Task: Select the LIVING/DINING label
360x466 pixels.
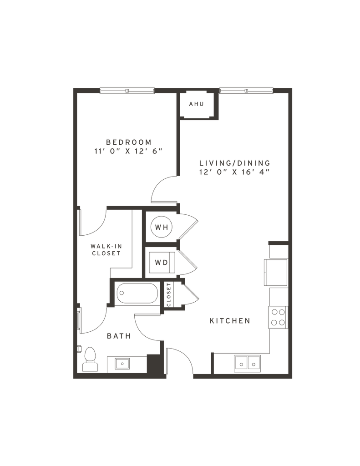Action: point(235,162)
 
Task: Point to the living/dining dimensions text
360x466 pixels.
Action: point(234,172)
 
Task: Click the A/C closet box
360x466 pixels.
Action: point(196,104)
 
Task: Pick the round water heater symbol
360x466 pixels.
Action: point(161,226)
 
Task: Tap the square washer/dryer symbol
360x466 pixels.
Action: point(160,262)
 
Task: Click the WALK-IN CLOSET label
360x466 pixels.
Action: point(106,250)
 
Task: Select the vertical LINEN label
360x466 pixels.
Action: point(168,295)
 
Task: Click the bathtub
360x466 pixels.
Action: point(137,294)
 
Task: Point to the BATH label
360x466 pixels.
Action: point(119,336)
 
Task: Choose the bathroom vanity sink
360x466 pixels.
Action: point(122,364)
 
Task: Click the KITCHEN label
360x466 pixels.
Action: point(230,321)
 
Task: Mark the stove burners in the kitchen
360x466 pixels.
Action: point(278,317)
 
